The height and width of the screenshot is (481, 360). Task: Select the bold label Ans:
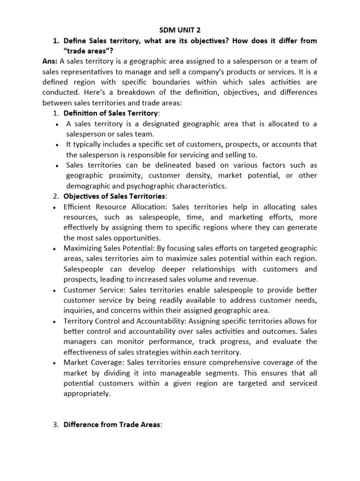(x=50, y=62)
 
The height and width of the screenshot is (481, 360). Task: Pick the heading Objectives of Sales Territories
(x=114, y=196)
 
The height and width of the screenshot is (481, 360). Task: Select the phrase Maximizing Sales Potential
(x=110, y=248)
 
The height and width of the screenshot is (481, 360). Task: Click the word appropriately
(x=87, y=393)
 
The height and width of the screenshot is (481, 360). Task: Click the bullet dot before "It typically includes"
(x=56, y=145)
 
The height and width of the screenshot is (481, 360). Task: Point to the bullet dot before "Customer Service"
(x=56, y=289)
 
